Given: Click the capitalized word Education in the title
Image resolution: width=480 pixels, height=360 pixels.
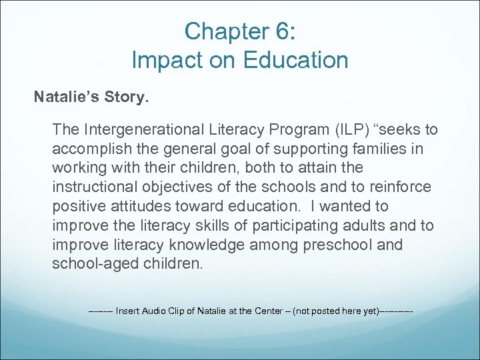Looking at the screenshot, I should point(295,61).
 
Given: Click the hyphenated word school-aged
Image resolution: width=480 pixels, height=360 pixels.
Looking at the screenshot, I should point(96,264).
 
